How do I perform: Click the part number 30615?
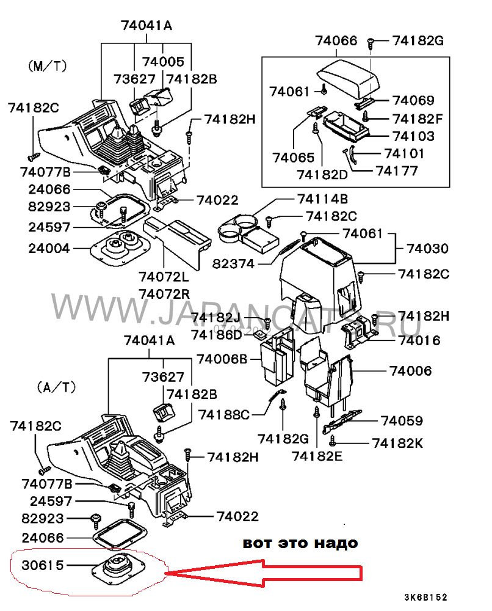[43, 566]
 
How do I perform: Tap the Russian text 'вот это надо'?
[300, 543]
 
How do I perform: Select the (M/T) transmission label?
[48, 65]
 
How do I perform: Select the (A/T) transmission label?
[56, 387]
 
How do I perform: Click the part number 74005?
[163, 62]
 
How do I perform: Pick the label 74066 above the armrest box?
[336, 41]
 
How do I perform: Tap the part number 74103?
[414, 136]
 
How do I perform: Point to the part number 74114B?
[322, 199]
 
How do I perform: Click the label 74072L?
[164, 277]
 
